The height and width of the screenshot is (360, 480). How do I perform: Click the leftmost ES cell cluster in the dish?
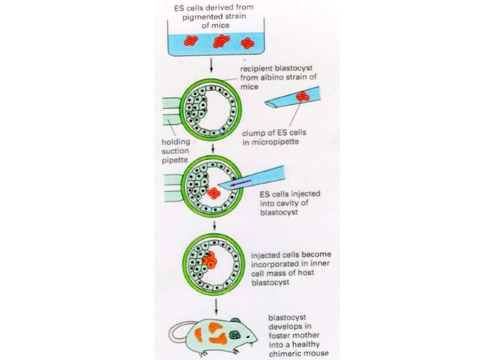pyautogui.click(x=191, y=40)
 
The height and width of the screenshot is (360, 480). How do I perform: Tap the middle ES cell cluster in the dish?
pyautogui.click(x=221, y=41)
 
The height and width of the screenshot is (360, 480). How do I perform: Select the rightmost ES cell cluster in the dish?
pyautogui.click(x=247, y=43)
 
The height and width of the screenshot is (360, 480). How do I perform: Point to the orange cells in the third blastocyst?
pyautogui.click(x=209, y=261)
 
